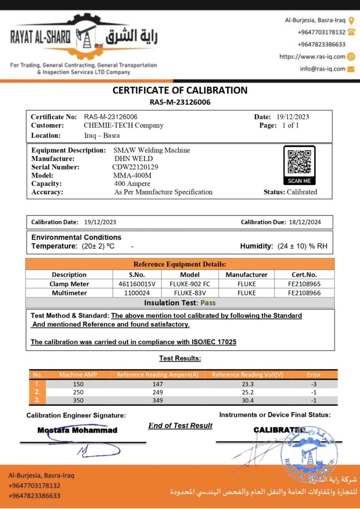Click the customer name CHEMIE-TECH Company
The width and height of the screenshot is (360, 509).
click(124, 125)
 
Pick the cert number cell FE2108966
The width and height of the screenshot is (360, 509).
click(304, 293)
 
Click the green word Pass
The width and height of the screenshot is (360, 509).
click(207, 303)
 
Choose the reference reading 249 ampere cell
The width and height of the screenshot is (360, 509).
click(158, 392)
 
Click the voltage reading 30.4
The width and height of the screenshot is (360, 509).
click(247, 400)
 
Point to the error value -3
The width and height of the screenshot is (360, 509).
click(314, 384)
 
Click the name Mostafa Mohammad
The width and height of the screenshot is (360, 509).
click(77, 430)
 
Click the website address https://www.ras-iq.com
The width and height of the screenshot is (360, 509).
click(312, 57)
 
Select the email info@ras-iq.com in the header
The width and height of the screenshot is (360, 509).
click(322, 69)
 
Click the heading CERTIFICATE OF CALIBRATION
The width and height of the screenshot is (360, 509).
click(180, 90)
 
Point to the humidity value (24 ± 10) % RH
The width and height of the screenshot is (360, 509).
click(302, 246)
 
